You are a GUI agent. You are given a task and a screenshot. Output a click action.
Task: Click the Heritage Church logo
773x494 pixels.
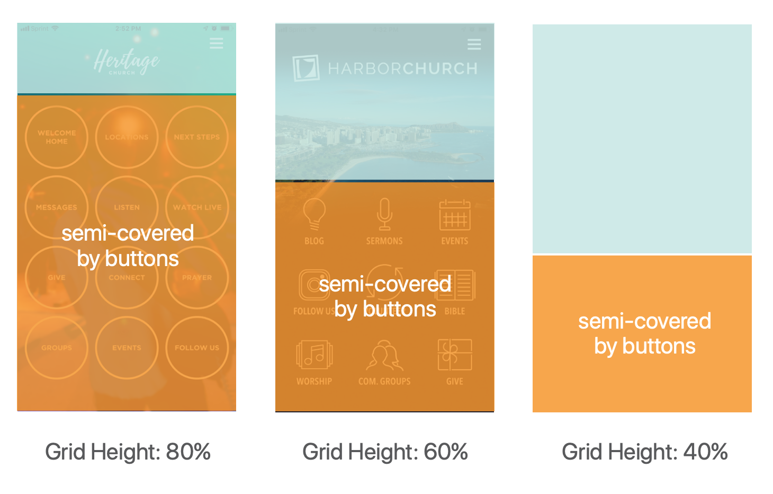point(126,61)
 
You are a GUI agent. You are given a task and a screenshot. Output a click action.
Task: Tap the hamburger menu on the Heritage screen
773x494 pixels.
point(216,43)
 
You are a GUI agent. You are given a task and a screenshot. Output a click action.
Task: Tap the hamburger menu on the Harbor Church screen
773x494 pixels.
point(474,45)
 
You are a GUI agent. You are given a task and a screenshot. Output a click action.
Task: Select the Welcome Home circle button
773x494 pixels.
point(57,137)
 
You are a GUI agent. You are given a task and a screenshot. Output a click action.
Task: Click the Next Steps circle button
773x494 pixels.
point(197,137)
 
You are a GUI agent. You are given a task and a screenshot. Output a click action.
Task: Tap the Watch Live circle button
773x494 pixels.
point(197,207)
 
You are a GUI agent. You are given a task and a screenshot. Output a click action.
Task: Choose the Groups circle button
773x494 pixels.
point(57,348)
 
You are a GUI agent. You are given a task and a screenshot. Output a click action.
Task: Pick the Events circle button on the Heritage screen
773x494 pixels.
point(127,348)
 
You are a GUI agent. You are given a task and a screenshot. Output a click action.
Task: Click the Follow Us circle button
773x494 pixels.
point(197,348)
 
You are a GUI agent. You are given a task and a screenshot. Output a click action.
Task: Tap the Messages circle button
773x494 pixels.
point(57,207)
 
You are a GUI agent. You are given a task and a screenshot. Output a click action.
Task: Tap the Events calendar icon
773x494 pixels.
point(455,215)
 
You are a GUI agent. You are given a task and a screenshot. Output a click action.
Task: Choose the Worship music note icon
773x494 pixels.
point(314,355)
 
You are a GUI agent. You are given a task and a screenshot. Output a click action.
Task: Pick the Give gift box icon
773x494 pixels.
point(455,355)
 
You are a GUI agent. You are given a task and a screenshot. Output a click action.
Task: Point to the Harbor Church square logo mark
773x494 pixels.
point(306,68)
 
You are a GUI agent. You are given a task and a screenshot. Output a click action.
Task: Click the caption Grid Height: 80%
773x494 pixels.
point(128,452)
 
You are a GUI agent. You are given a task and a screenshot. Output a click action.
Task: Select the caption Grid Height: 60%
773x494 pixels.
point(385,452)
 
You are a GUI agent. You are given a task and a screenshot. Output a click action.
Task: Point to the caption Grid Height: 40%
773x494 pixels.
point(644,452)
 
